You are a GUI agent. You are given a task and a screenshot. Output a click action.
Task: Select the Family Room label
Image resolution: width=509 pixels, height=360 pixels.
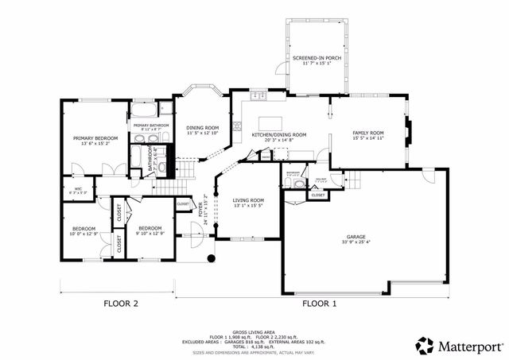[x=368, y=133]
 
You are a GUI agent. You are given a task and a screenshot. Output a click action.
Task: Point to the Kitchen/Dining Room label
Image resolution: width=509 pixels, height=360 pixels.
[x=279, y=135]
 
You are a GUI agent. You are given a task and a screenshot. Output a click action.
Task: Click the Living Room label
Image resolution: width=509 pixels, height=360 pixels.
[x=248, y=200]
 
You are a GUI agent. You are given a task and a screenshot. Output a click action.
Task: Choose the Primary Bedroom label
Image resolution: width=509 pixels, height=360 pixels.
[x=90, y=138]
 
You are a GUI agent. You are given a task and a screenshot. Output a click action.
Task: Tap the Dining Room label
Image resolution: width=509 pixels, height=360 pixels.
[x=202, y=128]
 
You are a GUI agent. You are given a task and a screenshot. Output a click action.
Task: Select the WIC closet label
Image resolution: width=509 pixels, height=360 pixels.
[x=78, y=188]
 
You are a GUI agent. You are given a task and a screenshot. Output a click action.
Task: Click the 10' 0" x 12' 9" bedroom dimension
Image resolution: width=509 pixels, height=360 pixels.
[x=84, y=234]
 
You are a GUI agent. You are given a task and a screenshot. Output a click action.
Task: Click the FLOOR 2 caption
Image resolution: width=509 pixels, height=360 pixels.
[x=121, y=304]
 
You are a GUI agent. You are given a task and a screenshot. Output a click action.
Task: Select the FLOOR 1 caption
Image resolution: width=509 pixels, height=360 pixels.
[x=318, y=304]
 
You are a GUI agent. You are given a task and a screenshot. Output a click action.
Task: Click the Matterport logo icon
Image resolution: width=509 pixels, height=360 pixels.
[x=425, y=346]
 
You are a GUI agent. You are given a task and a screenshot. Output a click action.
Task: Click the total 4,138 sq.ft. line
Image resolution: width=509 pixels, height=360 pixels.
[x=254, y=345]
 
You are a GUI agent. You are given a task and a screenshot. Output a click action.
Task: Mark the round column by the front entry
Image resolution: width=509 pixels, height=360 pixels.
[x=211, y=259]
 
